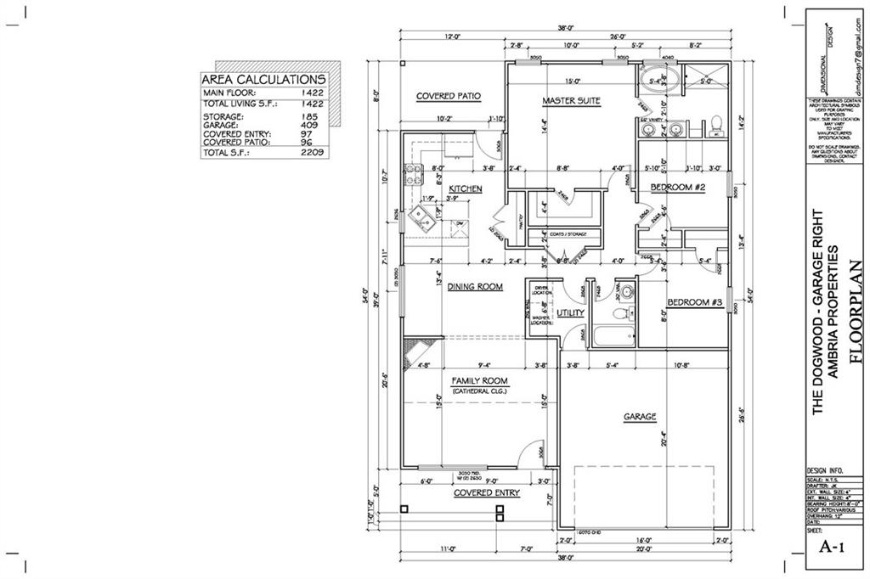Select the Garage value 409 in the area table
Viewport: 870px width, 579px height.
312,125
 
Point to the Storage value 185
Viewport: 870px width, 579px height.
312,116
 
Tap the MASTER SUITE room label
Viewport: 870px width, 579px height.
571,101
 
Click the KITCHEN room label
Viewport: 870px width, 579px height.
466,188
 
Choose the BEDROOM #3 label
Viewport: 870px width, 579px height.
694,303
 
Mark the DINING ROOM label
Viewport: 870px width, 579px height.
475,287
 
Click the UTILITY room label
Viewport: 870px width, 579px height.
570,313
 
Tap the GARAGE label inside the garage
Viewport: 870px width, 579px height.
640,417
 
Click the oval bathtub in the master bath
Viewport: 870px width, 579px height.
659,82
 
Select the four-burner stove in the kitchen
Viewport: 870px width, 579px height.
414,174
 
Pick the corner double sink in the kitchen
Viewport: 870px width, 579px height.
421,222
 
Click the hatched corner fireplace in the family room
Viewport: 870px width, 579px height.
420,349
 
